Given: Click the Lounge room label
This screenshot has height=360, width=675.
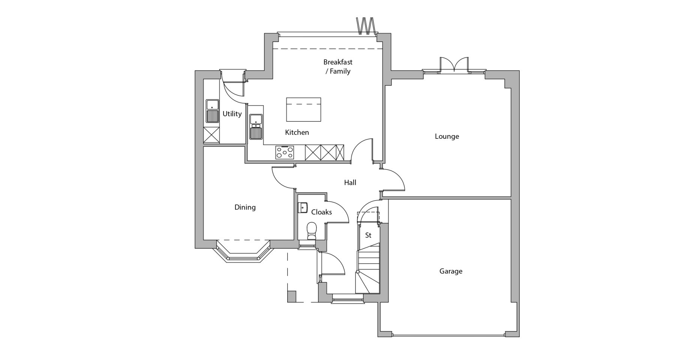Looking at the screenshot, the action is (x=447, y=136).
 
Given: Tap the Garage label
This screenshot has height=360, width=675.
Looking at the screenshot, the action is (x=451, y=271).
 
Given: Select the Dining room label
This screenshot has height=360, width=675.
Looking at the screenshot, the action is (x=245, y=207).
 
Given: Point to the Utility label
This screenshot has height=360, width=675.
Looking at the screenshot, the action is (x=232, y=114).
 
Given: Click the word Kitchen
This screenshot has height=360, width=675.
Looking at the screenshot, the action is (x=297, y=132).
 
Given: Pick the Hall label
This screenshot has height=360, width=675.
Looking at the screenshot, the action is (x=350, y=183).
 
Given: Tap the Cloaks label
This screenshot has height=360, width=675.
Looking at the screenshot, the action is (x=321, y=212).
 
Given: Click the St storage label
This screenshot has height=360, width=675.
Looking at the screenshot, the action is (x=368, y=235).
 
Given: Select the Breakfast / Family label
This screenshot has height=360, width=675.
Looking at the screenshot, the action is (x=338, y=66).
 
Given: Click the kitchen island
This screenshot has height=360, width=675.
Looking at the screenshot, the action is (x=303, y=109).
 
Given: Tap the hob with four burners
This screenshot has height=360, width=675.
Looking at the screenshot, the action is (x=285, y=152).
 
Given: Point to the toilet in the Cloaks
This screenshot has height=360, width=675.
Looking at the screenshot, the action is (x=312, y=231).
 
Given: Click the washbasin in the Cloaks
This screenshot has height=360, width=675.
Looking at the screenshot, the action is (x=303, y=207).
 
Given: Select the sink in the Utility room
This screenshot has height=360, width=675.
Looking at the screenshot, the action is (x=212, y=111).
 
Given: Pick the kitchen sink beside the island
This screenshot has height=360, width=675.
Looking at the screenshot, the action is (x=256, y=127).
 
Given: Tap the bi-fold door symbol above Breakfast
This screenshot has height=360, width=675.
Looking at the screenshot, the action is (x=366, y=25).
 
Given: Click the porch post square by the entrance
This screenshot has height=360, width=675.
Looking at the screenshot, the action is (x=292, y=296).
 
